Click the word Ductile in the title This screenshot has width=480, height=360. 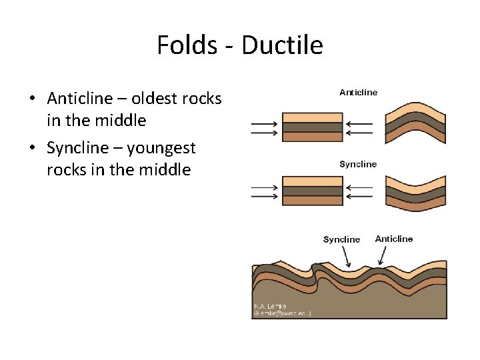[282, 45]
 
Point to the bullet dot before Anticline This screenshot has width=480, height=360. [31, 99]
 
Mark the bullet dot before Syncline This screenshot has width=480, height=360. [31, 148]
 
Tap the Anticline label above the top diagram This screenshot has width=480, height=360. [358, 93]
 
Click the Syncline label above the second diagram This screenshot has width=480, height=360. [358, 164]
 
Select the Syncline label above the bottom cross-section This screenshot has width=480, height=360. [341, 239]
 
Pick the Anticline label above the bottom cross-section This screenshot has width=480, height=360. [394, 239]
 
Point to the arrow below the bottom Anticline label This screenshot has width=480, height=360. [383, 255]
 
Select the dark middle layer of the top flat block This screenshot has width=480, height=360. [312, 127]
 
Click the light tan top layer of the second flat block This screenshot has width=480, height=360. [312, 181]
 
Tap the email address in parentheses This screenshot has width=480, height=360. [281, 313]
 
